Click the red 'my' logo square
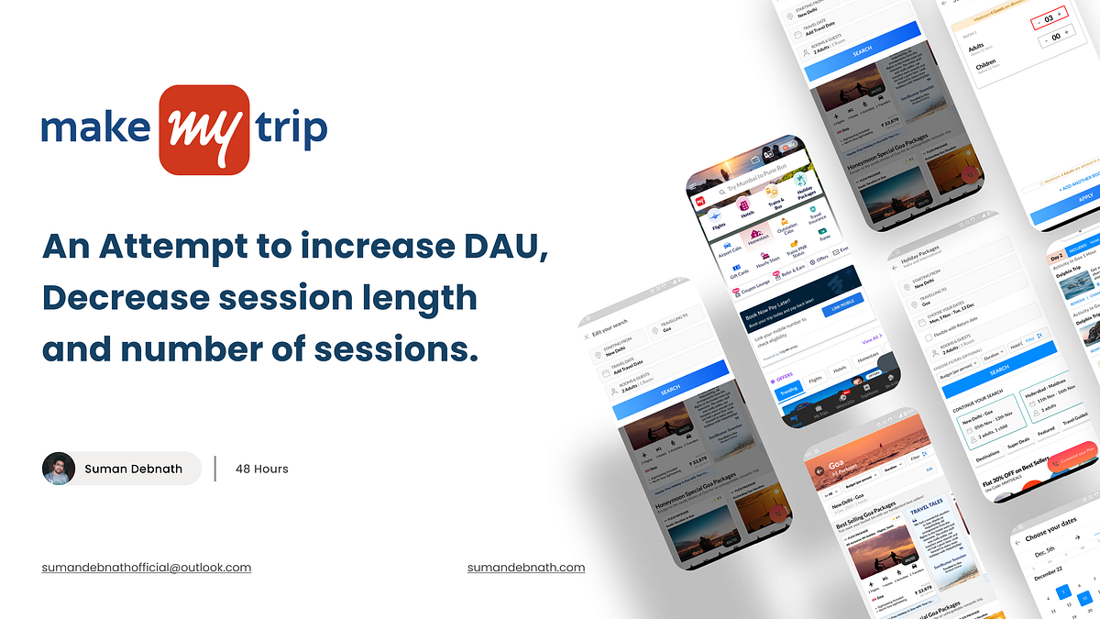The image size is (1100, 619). point(203,129)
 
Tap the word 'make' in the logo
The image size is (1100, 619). point(95,129)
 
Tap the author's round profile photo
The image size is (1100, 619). point(59,469)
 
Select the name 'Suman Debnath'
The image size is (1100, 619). point(133,469)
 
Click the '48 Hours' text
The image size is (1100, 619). point(261,469)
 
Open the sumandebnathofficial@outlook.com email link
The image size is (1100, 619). point(147,568)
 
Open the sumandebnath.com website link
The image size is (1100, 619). point(526,568)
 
